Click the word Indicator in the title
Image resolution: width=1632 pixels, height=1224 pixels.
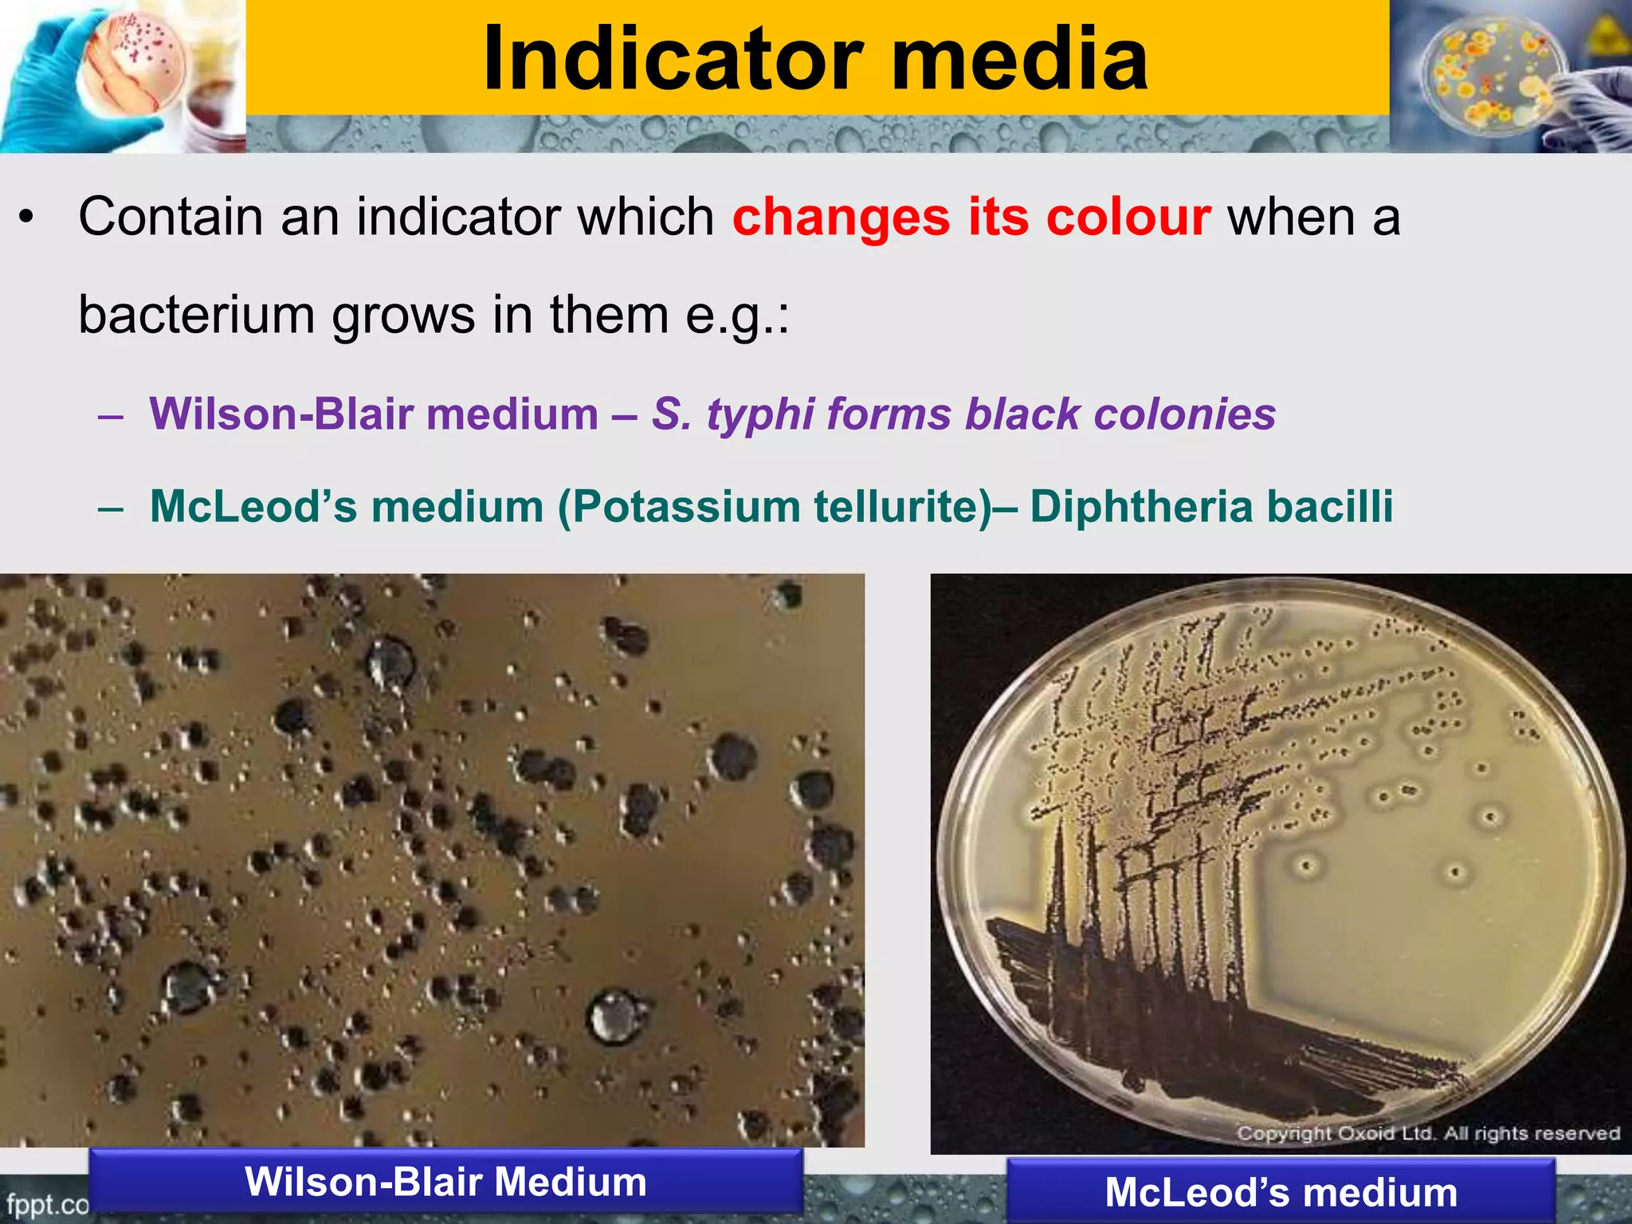pyautogui.click(x=673, y=59)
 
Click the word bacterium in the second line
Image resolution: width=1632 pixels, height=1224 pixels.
pyautogui.click(x=196, y=316)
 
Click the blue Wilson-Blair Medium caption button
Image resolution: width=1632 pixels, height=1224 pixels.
pyautogui.click(x=445, y=1182)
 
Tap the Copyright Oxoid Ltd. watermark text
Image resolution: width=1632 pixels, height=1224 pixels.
pyautogui.click(x=1427, y=1133)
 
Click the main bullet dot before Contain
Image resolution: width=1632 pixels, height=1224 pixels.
pyautogui.click(x=27, y=217)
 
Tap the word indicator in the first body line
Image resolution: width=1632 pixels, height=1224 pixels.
pyautogui.click(x=457, y=217)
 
